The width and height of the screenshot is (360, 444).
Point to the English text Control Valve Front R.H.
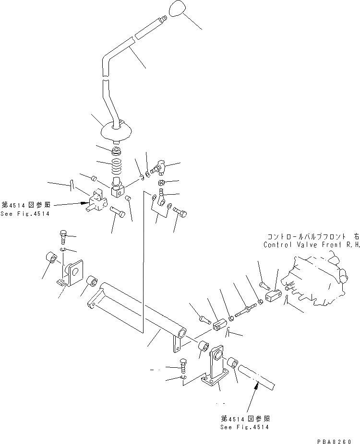311,245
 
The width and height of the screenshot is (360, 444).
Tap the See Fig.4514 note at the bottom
244,427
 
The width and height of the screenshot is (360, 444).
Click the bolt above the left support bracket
63,236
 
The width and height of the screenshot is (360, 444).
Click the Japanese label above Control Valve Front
312,236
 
